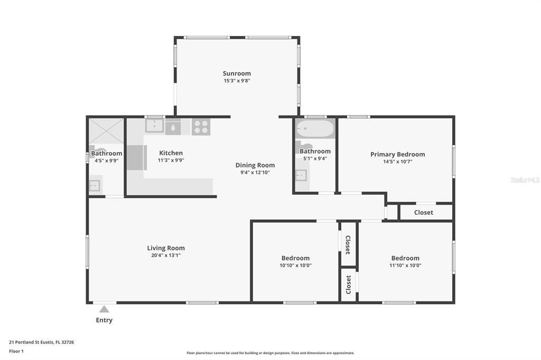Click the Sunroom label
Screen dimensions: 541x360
point(237,73)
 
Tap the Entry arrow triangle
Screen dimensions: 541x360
point(104,309)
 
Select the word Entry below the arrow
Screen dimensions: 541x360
point(104,320)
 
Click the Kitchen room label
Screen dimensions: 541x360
point(171,153)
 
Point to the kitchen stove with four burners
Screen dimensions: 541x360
point(201,127)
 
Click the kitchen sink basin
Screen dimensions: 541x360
point(154,126)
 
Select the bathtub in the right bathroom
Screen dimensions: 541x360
point(315,129)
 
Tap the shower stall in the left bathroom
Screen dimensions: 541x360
point(106,131)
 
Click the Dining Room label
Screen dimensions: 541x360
point(255,165)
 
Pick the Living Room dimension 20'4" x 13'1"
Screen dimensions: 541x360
point(166,255)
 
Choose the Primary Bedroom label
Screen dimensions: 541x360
point(397,154)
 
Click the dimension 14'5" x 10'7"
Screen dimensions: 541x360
point(397,162)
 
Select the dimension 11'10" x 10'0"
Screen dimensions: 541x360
point(405,265)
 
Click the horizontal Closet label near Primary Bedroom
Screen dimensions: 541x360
point(423,212)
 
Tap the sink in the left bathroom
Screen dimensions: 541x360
point(95,186)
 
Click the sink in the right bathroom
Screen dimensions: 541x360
point(301,175)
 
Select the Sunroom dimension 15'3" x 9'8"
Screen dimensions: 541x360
point(237,81)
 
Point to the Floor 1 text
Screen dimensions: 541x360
point(16,351)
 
